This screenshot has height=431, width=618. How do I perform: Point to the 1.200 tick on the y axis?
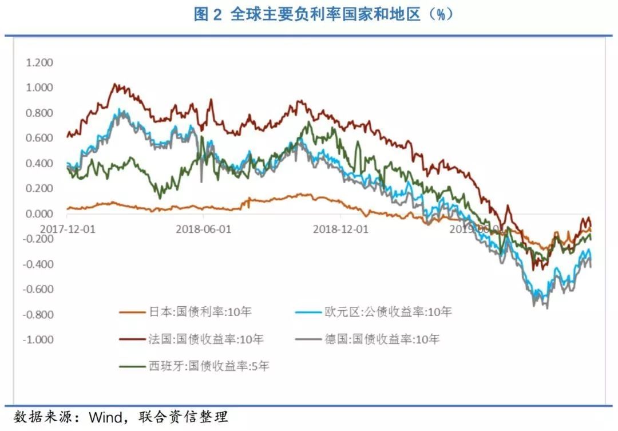coord(39,62)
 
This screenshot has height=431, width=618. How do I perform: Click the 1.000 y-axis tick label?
coord(39,88)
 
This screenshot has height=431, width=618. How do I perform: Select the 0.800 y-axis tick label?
coord(39,113)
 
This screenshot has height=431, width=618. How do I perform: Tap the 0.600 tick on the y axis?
coord(39,138)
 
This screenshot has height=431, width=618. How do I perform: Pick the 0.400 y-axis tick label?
coord(39,163)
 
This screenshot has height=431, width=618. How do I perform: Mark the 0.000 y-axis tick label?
coord(39,213)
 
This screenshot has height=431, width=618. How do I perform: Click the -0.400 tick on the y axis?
coord(38,264)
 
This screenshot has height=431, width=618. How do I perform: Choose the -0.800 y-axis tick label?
coord(38,314)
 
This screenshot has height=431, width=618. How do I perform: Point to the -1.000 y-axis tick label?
coord(38,339)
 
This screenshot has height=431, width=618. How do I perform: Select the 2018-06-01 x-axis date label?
coord(204,228)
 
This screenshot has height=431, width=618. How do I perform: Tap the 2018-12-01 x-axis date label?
coord(341,228)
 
